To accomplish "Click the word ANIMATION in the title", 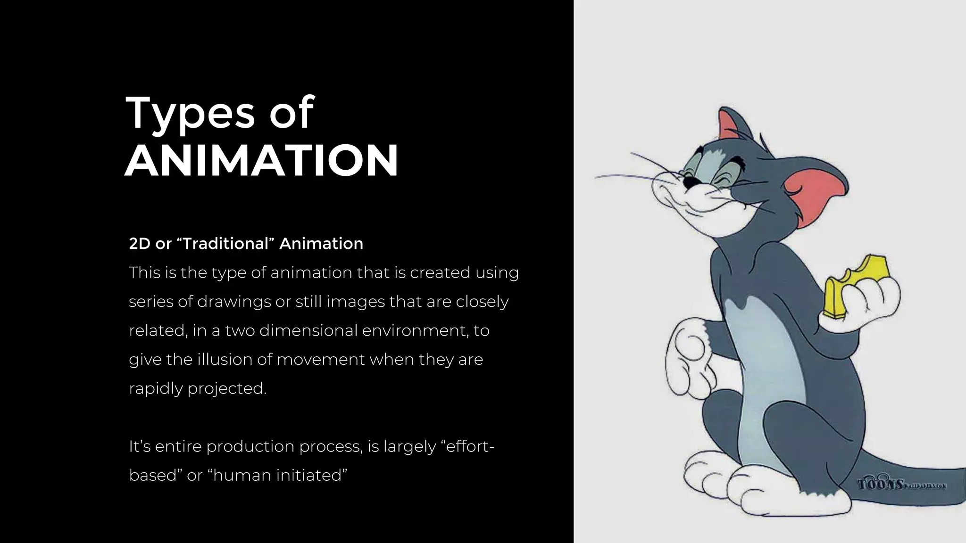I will click(x=261, y=161).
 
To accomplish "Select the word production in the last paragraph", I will click(x=250, y=446).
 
